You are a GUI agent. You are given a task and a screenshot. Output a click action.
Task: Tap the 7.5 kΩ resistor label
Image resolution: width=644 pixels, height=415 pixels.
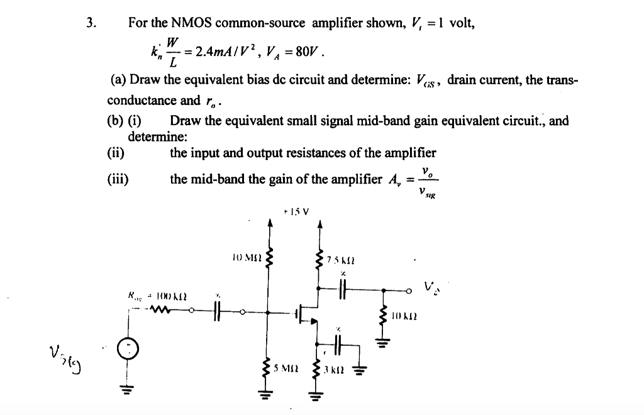pyautogui.click(x=341, y=260)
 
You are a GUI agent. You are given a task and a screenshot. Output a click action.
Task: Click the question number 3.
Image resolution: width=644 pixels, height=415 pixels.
pyautogui.click(x=91, y=23)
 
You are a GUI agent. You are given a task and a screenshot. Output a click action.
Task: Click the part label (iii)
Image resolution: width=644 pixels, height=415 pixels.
pyautogui.click(x=119, y=179)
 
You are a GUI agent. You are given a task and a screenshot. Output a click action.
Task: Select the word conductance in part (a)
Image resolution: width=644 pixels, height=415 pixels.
pyautogui.click(x=143, y=100)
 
